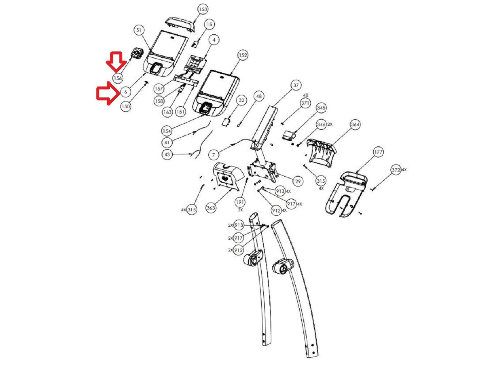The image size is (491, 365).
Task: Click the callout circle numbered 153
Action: tap(203, 9)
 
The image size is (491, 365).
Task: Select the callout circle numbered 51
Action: tap(139, 30)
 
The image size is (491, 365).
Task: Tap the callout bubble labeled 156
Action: tap(118, 78)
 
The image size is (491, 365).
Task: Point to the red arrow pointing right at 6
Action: tap(107, 93)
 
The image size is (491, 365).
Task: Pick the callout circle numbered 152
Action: tap(242, 55)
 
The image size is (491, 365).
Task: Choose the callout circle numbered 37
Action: tap(296, 86)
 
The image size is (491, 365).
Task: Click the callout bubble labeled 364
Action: tap(355, 125)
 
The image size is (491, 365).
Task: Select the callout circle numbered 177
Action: tap(379, 152)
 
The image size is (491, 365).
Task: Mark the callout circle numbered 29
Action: tap(298, 181)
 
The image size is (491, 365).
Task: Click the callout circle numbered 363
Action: tap(211, 208)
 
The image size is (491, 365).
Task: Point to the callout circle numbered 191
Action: tap(240, 202)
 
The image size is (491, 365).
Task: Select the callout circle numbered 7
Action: tap(214, 155)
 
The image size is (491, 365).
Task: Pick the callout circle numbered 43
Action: tap(167, 155)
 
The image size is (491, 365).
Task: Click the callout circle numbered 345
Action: tap(321, 108)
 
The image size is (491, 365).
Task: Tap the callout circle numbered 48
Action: tap(258, 97)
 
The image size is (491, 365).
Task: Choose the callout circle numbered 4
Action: tap(214, 39)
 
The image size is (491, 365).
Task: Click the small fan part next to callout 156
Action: tap(137, 54)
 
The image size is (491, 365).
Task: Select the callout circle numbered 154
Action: tap(166, 131)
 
